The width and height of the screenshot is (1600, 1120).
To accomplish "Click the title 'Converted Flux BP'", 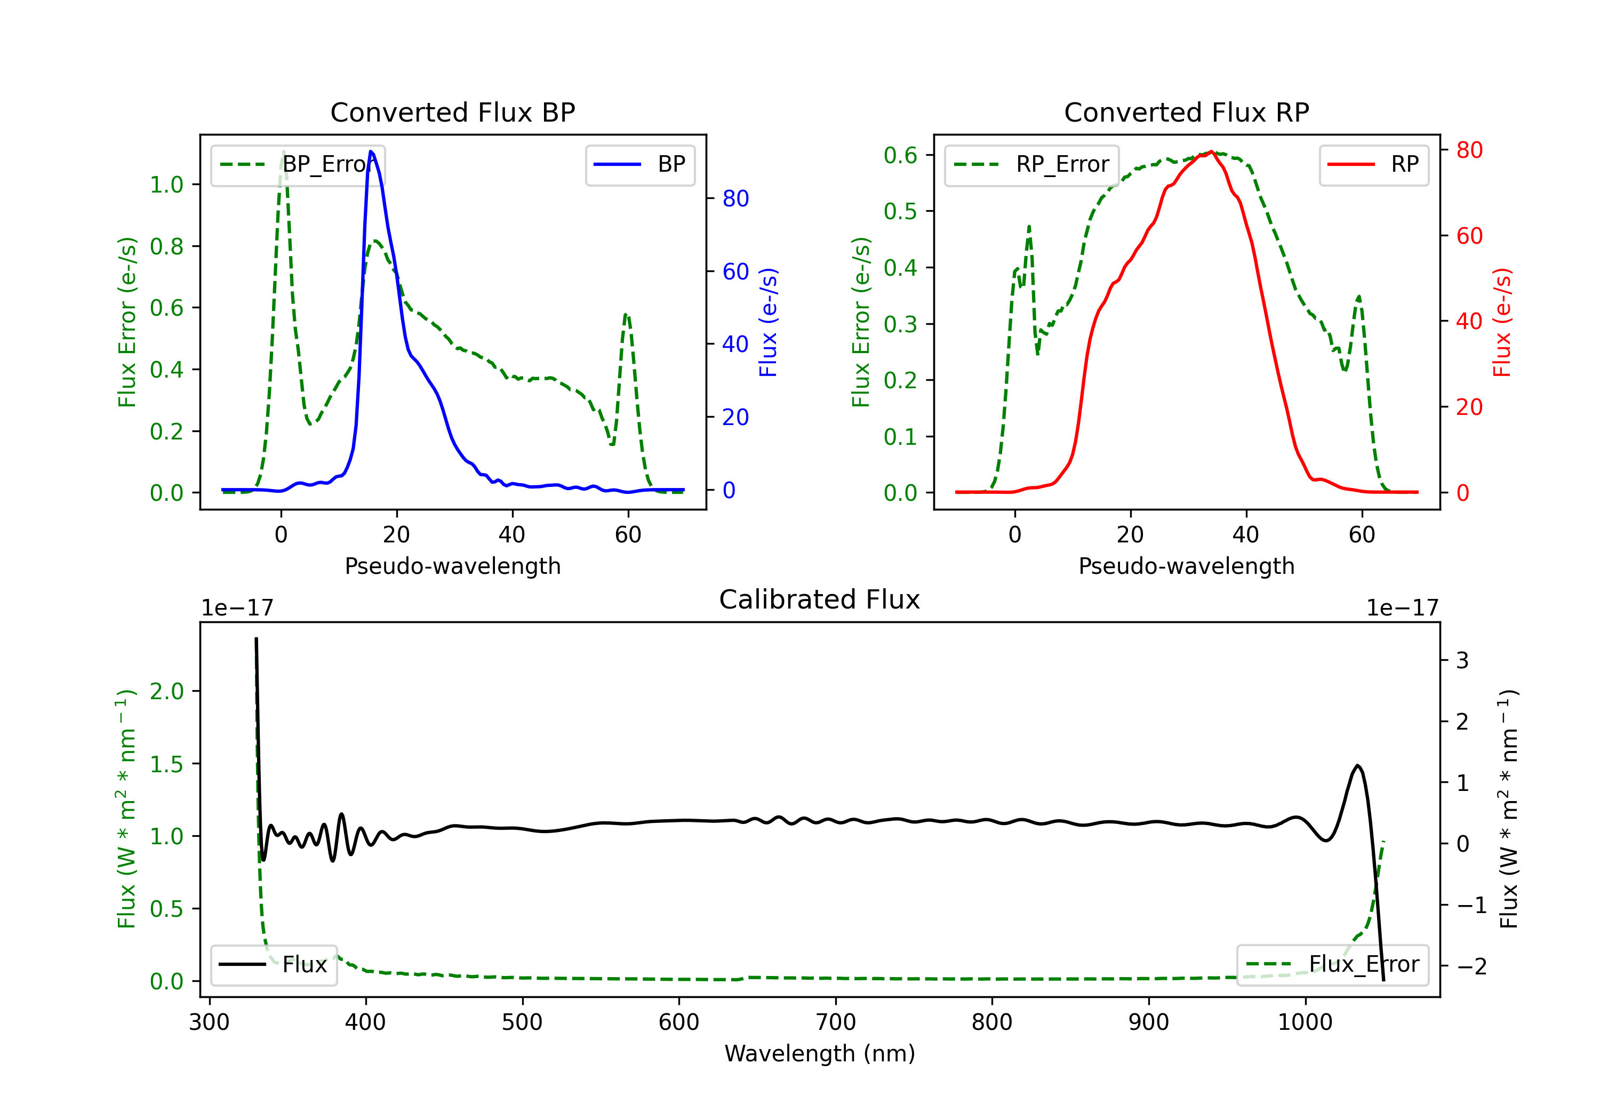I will coord(452,112).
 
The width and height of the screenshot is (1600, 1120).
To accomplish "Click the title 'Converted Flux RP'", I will coord(1186,112).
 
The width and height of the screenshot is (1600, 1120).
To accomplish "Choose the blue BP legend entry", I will coord(639,164).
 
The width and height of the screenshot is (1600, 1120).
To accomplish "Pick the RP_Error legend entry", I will coord(1031,164).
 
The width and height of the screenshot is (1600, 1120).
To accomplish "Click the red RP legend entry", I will coord(1373,164).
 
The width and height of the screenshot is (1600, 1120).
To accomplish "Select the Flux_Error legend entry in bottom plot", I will coord(1332,965).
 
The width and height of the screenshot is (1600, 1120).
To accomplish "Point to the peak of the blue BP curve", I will coord(371,151).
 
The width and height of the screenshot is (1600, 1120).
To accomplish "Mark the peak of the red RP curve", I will coord(1212,151).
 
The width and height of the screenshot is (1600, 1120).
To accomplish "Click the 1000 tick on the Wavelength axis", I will coord(1305,1022).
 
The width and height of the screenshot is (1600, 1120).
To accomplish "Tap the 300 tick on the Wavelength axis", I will coord(209,1022).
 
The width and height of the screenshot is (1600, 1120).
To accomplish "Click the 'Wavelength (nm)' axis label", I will coord(820,1053).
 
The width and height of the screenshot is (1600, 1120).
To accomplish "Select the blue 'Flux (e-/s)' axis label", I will coord(768,323).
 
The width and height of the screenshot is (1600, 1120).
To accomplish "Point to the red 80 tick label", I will coord(1469,150).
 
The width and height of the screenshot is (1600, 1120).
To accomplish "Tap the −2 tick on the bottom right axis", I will coord(1471,966).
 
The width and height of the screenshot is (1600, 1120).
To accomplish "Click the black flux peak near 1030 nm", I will coord(1357,766).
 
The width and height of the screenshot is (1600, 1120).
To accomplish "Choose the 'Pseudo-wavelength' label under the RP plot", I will coord(1186,566).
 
